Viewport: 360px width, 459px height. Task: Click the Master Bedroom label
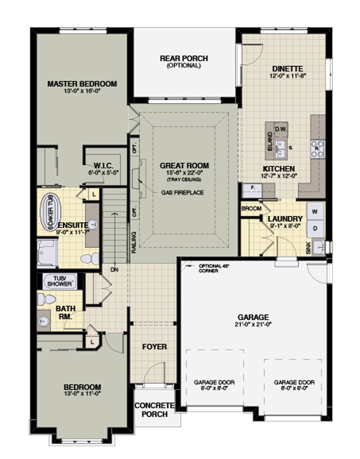click(x=82, y=84)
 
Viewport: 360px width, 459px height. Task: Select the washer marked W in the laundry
click(x=315, y=211)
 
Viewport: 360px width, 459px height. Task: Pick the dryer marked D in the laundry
click(x=315, y=228)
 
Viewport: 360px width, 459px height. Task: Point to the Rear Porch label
click(x=184, y=58)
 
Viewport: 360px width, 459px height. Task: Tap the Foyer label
click(x=154, y=347)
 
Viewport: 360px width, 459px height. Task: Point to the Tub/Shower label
click(x=60, y=281)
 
